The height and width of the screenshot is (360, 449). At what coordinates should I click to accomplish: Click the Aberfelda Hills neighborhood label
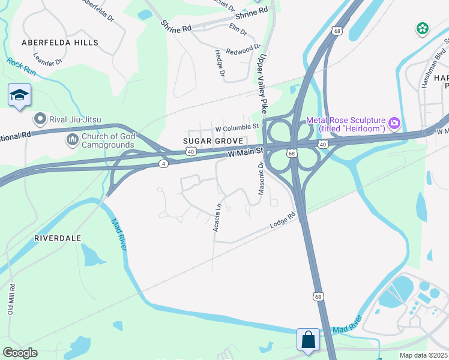(x=59, y=43)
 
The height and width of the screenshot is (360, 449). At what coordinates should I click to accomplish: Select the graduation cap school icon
(x=19, y=95)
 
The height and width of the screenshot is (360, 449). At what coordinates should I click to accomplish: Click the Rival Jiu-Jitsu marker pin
(x=41, y=119)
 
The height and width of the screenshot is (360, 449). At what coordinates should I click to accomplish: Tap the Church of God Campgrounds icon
(x=72, y=140)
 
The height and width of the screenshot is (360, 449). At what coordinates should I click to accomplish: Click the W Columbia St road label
(x=237, y=127)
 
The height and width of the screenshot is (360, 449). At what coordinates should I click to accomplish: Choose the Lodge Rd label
(x=283, y=220)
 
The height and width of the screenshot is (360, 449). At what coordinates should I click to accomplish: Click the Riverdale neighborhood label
(x=58, y=238)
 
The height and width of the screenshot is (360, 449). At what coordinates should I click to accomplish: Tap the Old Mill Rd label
(x=10, y=299)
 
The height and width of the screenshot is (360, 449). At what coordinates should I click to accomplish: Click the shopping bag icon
(x=309, y=339)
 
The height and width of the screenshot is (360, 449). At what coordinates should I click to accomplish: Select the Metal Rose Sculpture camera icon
(x=394, y=124)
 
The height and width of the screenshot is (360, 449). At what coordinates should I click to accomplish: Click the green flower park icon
(x=423, y=28)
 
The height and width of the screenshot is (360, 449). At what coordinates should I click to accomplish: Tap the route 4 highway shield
(x=163, y=164)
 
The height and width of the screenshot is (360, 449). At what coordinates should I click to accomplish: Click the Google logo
(x=20, y=353)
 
